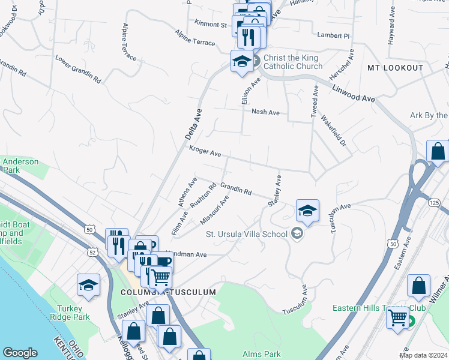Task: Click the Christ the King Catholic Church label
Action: coord(292,62)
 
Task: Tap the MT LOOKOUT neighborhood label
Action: coord(396,68)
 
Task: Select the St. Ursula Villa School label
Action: coord(246,234)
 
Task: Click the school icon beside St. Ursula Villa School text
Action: coord(297,233)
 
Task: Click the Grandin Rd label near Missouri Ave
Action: coord(236,188)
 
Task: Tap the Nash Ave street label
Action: coord(265,112)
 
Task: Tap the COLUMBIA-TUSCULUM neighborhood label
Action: coord(167,292)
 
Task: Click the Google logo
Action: coord(20,353)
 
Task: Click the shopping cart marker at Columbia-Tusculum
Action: coord(160,278)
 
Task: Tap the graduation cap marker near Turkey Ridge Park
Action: coord(88,284)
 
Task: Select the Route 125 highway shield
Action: coord(435,203)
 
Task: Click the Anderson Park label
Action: coord(20,166)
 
